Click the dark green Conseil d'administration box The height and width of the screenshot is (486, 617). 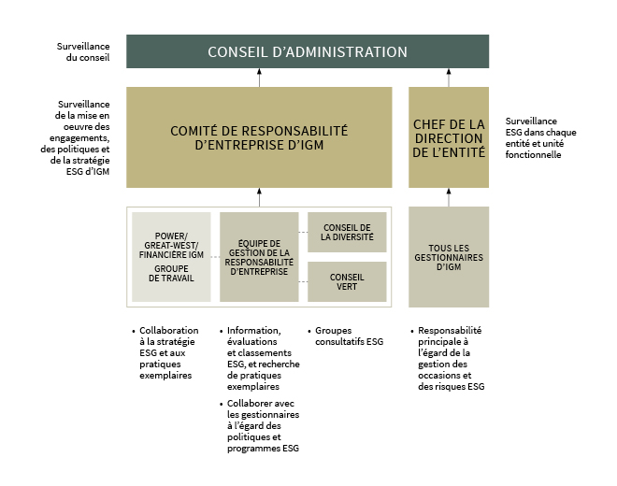308,51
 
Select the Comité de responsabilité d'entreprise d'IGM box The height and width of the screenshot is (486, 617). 259,137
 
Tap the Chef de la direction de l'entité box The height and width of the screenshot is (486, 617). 449,137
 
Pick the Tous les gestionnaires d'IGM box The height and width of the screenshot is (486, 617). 449,257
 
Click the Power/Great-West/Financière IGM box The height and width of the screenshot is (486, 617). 171,257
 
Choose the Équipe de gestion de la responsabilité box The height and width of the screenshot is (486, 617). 259,257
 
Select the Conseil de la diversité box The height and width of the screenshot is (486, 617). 347,232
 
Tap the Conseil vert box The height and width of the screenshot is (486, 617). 347,281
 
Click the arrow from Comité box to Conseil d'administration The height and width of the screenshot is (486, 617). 259,78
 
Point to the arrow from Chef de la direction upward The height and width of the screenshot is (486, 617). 449,78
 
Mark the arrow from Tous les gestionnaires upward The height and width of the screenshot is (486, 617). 449,197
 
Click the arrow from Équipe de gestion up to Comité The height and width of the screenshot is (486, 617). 259,197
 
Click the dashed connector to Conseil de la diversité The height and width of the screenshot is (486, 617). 303,233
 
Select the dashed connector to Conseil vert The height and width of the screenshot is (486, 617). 303,281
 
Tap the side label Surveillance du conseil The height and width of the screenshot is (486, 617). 83,52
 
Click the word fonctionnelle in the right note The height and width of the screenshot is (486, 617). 533,154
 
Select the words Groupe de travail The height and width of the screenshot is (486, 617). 171,274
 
